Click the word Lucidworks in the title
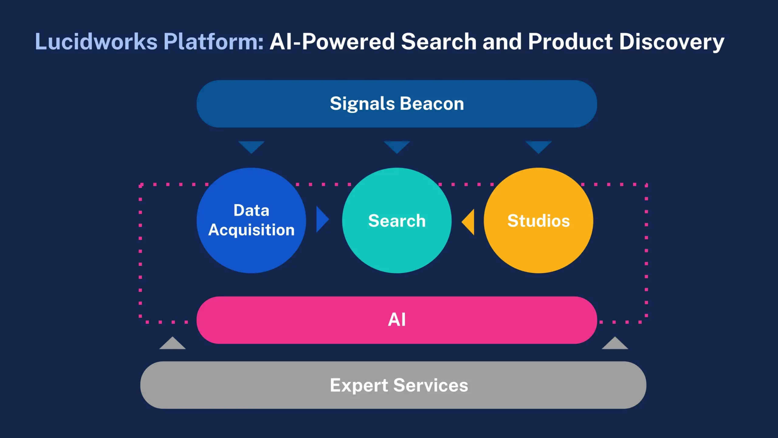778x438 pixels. [96, 42]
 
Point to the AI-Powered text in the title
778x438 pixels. [332, 42]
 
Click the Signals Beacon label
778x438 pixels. [397, 104]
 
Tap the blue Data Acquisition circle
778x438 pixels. [251, 221]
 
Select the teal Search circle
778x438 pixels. [397, 221]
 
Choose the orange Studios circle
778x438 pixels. [538, 221]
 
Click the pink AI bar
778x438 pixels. [397, 320]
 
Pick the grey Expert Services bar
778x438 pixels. [393, 385]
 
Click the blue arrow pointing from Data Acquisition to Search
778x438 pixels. [322, 219]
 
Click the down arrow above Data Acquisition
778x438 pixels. [251, 147]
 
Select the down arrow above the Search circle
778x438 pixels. [397, 147]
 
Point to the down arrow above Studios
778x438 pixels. [539, 147]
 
